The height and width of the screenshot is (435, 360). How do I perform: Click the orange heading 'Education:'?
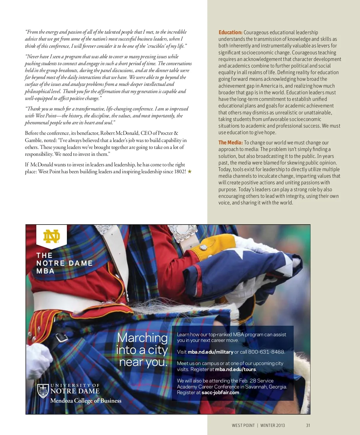tap(230, 32)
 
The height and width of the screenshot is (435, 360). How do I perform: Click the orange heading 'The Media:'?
tap(230, 143)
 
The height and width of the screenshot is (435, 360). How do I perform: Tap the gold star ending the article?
tap(190, 172)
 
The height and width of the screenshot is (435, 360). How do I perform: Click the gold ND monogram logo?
tap(51, 237)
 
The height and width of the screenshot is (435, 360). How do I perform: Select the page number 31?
tap(308, 425)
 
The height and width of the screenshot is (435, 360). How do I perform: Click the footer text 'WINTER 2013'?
tap(272, 425)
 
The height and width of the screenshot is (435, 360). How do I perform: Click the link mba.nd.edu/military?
tap(210, 352)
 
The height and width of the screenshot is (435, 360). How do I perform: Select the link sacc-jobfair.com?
tap(220, 392)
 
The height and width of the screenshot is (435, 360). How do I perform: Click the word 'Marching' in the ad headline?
tap(142, 338)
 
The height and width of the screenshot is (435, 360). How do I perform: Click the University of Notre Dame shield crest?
tap(43, 391)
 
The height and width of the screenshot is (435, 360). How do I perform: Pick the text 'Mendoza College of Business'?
tap(86, 401)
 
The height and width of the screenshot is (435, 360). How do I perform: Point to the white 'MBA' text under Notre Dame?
tap(45, 271)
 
